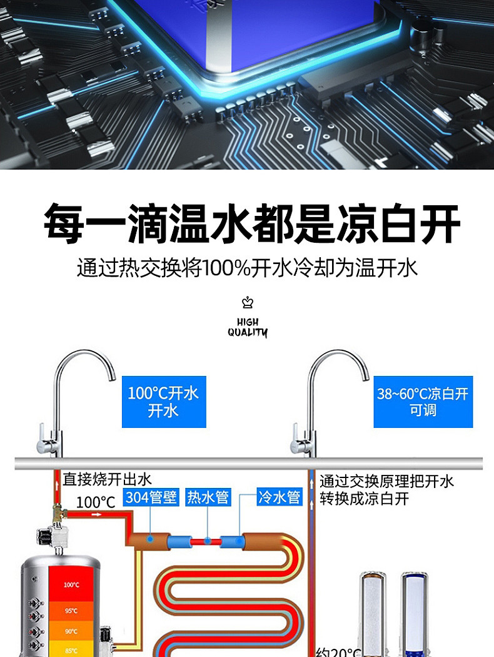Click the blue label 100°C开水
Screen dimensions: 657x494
coord(163,401)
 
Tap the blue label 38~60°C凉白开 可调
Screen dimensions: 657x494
coord(423,402)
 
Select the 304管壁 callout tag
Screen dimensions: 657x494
coord(151,498)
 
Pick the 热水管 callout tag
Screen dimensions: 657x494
coord(208,498)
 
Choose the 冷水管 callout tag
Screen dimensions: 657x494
coord(280,498)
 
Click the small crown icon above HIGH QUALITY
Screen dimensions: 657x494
coord(248,303)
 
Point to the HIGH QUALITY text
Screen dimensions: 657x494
coord(248,327)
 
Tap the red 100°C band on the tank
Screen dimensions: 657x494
coord(71,585)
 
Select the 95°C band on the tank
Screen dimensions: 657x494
coord(71,611)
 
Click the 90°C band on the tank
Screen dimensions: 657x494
coord(71,631)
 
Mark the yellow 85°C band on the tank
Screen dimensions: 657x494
coord(71,650)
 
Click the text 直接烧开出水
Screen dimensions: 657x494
coord(107,480)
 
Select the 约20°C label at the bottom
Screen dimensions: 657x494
coord(339,651)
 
